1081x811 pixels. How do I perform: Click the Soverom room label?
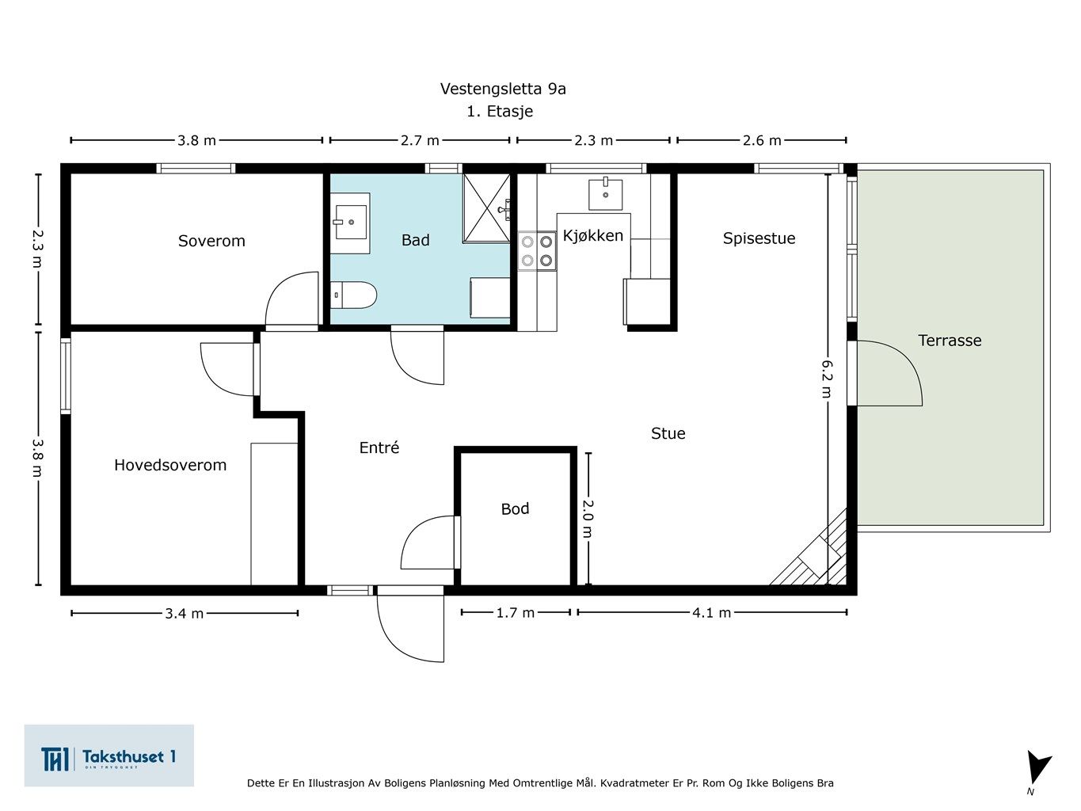(211, 241)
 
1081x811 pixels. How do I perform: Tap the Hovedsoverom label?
(170, 465)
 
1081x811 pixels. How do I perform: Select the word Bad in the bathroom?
(415, 240)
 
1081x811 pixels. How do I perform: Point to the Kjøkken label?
(593, 236)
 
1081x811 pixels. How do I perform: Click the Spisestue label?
(759, 238)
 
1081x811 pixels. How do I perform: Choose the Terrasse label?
(950, 341)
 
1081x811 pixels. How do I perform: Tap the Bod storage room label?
(515, 508)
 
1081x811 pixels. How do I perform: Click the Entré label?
(379, 447)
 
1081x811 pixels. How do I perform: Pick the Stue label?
(668, 433)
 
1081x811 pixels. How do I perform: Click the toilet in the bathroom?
(353, 295)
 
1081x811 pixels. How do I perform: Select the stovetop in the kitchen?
(537, 250)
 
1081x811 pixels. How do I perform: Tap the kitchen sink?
(605, 194)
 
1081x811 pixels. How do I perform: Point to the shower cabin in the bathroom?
(486, 208)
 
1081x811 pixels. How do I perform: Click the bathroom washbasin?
(350, 223)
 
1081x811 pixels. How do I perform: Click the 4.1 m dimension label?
(711, 612)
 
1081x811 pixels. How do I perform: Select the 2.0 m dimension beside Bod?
(588, 519)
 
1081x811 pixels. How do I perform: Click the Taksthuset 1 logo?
(108, 756)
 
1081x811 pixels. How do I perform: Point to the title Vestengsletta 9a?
(503, 89)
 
